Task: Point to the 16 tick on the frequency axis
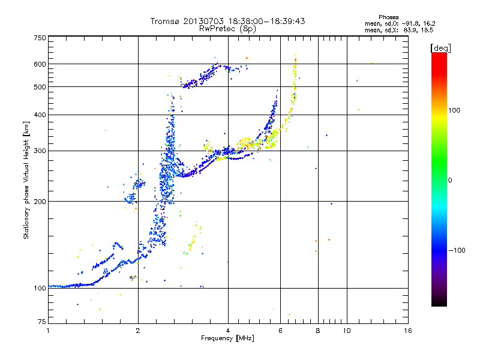click(x=407, y=331)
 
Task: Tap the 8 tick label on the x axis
click(x=318, y=331)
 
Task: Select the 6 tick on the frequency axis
click(x=280, y=331)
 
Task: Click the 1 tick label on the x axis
click(x=48, y=331)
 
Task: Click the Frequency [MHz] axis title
click(x=227, y=338)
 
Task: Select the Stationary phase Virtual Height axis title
click(x=26, y=180)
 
